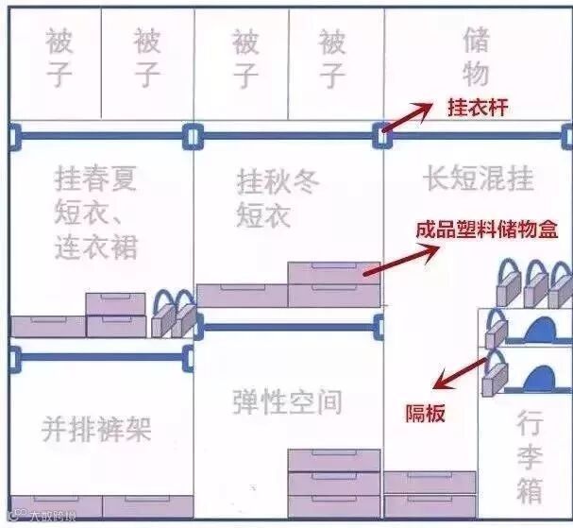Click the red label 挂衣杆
click(478, 108)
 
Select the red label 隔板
click(426, 413)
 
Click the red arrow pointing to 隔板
click(462, 370)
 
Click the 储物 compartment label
click(477, 56)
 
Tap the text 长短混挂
click(478, 179)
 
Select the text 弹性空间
click(287, 401)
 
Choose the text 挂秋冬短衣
click(278, 197)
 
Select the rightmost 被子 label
click(332, 58)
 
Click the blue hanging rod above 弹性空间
click(287, 328)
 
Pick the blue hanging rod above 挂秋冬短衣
click(288, 137)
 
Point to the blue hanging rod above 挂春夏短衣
click(101, 137)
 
